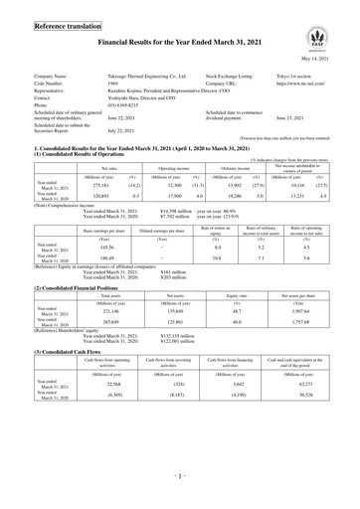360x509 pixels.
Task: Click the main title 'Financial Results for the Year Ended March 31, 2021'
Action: coord(179,45)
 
